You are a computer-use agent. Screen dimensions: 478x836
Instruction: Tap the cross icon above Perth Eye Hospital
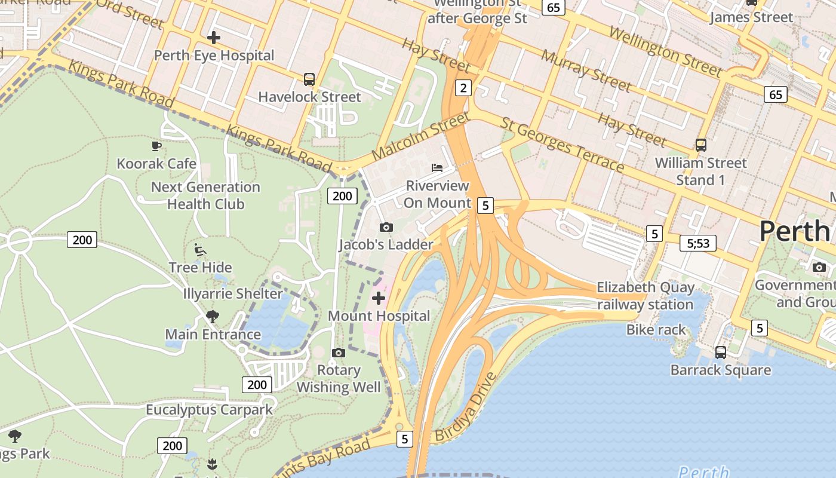[213, 38]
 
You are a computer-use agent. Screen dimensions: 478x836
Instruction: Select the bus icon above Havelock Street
[309, 79]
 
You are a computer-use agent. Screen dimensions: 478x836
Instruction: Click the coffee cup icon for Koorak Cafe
[156, 145]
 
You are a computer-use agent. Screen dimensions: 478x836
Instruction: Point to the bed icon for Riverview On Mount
[437, 167]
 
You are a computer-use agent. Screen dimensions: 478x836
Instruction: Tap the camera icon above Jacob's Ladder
[386, 227]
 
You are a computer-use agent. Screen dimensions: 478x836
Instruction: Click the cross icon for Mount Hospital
[379, 298]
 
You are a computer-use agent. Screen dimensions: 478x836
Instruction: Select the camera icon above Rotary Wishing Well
[339, 353]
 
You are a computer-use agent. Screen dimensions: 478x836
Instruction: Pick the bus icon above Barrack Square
[721, 353]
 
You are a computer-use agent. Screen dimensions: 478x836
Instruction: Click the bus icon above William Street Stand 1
[701, 145]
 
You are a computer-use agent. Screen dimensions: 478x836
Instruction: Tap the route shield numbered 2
[463, 88]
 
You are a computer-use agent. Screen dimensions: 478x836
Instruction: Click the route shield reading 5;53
[698, 243]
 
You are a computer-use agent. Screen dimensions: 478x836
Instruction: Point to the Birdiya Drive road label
[466, 407]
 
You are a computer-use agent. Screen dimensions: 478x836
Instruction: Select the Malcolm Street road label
[420, 136]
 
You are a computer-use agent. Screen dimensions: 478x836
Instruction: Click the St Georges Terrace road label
[563, 144]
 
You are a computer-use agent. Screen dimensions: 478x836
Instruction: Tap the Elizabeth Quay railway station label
[646, 296]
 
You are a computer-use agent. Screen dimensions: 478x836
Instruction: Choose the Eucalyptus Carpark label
[209, 410]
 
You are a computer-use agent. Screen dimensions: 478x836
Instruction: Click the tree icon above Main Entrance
[212, 316]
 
